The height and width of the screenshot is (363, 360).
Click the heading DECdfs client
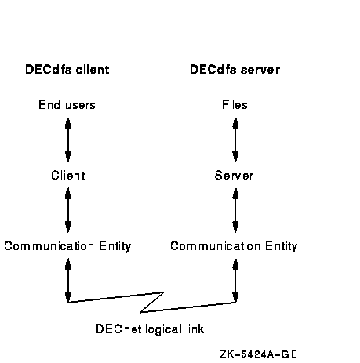point(67,70)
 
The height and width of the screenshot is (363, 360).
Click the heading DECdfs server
point(235,70)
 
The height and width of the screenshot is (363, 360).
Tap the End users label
point(67,105)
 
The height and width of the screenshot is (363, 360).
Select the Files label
point(235,105)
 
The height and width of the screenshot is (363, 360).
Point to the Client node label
point(68,175)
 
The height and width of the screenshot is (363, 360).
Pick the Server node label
point(234,175)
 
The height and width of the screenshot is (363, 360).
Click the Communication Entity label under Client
point(67,246)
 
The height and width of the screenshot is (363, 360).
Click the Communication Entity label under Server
point(234,246)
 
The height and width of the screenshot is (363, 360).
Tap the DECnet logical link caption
point(150,329)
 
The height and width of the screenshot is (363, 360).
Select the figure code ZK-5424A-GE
point(259,354)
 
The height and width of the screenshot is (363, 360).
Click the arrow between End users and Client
point(68,140)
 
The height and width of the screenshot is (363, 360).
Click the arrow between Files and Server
point(235,140)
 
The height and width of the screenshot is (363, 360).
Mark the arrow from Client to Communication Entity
point(68,210)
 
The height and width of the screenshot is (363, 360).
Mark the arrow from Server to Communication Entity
point(235,210)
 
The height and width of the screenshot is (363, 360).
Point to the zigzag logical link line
point(152,303)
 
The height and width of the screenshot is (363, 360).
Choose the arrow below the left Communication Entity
point(68,281)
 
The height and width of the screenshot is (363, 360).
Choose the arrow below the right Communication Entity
point(235,281)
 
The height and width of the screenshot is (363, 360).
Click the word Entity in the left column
point(115,247)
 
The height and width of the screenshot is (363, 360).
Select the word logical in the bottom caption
point(163,330)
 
